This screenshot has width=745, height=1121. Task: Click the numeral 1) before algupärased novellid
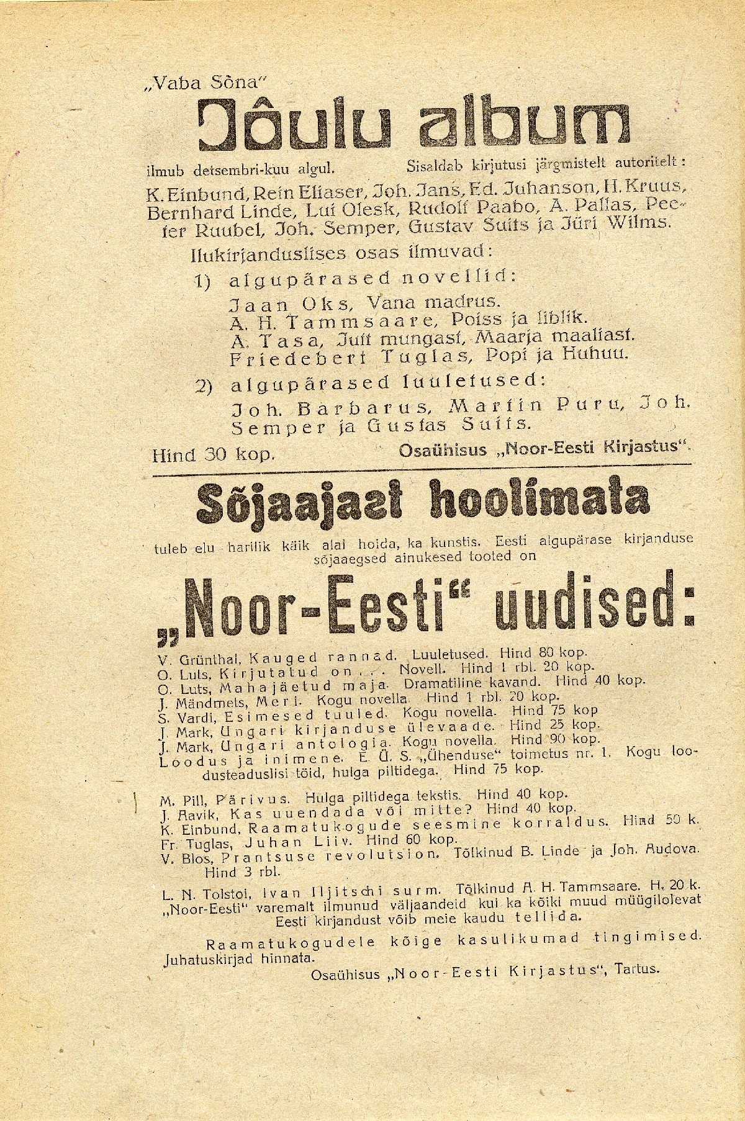[x=204, y=281]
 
